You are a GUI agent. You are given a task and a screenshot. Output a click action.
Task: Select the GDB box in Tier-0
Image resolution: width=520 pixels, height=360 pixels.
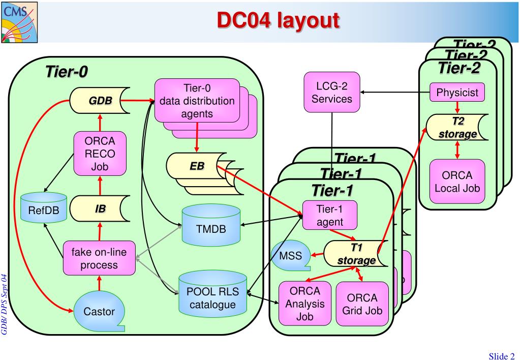(99, 101)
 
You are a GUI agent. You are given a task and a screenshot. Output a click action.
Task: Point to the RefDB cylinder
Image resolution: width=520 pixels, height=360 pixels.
(43, 209)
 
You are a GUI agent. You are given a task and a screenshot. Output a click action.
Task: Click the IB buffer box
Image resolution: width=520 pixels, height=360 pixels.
(100, 208)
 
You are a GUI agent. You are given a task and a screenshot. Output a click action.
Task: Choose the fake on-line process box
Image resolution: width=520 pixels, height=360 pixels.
(99, 258)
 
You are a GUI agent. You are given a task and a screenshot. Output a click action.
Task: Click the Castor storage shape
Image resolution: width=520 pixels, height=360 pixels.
(99, 310)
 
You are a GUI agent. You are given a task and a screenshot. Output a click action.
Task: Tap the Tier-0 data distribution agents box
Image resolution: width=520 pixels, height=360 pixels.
(197, 100)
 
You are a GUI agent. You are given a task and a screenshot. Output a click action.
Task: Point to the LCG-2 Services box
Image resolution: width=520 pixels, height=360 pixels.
(332, 92)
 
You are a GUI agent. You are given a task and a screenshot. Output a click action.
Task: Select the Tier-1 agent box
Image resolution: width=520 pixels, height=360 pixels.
(330, 216)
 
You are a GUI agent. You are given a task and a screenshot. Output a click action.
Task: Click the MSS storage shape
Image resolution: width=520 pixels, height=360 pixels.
(290, 255)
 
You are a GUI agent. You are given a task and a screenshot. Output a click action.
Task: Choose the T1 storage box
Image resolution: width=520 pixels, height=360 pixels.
(355, 254)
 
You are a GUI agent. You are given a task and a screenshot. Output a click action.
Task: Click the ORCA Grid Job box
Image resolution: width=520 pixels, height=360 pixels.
(362, 304)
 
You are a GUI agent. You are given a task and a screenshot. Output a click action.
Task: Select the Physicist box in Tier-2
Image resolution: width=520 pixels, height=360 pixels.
(457, 92)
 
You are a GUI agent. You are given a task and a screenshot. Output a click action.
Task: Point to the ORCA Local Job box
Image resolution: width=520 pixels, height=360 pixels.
(456, 182)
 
